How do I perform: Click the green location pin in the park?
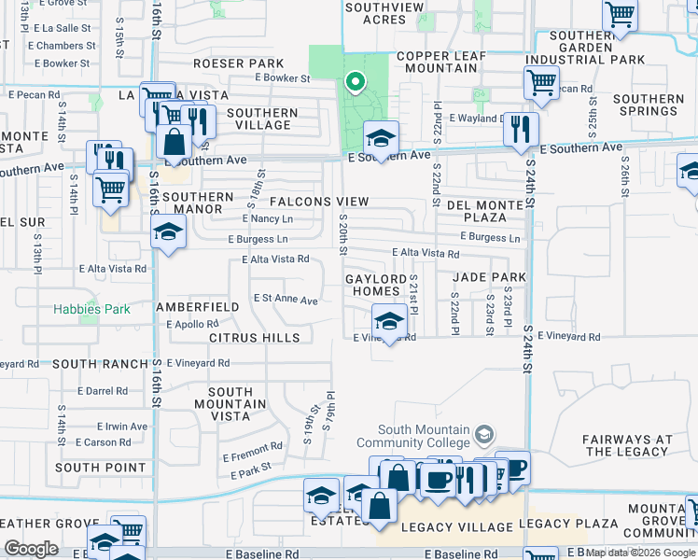(x=355, y=83)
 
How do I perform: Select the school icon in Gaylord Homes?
(x=389, y=322)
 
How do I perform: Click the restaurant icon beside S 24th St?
(x=521, y=129)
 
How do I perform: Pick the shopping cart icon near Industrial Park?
(x=541, y=83)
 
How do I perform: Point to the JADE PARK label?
(x=489, y=277)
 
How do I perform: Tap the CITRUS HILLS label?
(x=255, y=337)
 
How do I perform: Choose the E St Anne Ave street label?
(x=286, y=301)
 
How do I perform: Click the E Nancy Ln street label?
(x=267, y=218)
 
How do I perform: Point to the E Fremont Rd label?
(x=252, y=448)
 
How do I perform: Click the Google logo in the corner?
(x=31, y=549)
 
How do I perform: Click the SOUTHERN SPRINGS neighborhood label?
(x=649, y=105)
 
